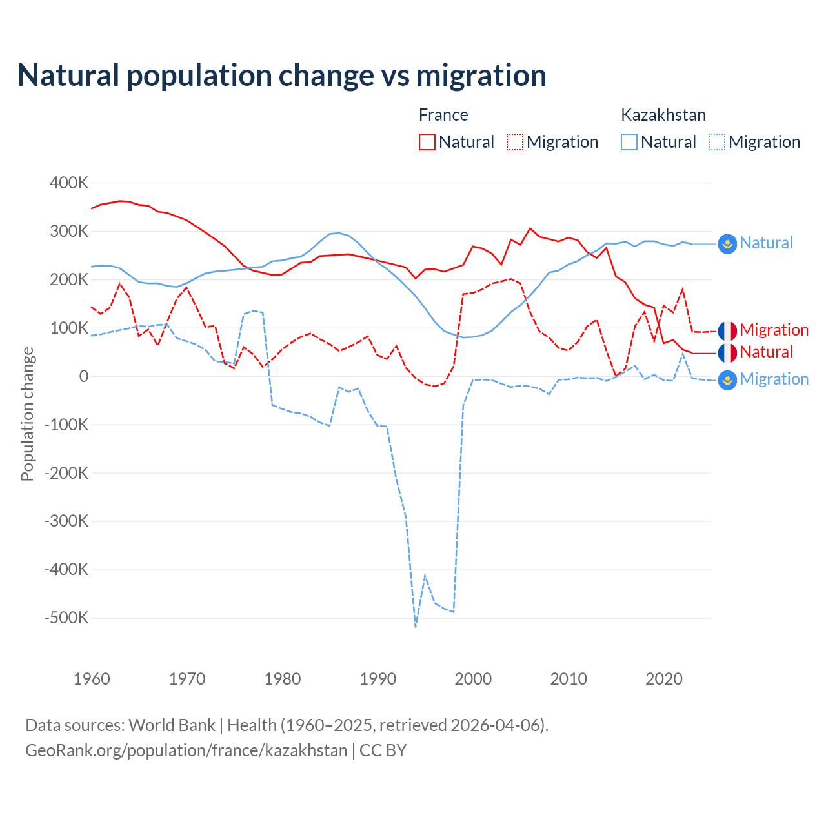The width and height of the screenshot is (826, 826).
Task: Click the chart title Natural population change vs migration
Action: (282, 76)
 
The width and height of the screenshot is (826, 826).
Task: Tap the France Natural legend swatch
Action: (427, 142)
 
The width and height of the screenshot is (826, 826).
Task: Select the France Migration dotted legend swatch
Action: (515, 142)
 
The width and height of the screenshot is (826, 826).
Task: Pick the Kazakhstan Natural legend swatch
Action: (629, 142)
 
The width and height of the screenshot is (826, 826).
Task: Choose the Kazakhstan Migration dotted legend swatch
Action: (717, 142)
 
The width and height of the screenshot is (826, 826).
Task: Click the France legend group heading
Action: (443, 115)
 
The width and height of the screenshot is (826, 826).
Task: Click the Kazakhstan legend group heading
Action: (663, 115)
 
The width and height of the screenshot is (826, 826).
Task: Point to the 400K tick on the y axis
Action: (69, 183)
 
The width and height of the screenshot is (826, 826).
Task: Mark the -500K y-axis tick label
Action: (66, 618)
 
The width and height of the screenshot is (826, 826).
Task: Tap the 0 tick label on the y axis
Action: (84, 376)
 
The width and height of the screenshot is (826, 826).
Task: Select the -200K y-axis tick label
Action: (66, 473)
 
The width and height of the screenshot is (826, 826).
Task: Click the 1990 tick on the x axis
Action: (378, 679)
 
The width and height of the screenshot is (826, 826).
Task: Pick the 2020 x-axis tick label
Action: (664, 679)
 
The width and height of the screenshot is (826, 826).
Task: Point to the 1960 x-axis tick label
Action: (92, 679)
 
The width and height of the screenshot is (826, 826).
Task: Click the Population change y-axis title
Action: (27, 414)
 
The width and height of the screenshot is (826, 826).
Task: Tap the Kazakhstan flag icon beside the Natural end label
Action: (727, 243)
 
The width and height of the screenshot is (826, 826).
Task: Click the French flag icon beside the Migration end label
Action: (727, 330)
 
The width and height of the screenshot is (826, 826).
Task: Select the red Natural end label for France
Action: (766, 352)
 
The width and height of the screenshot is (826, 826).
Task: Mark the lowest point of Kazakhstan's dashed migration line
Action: (416, 626)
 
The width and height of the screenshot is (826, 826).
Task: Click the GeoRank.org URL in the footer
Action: (186, 750)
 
